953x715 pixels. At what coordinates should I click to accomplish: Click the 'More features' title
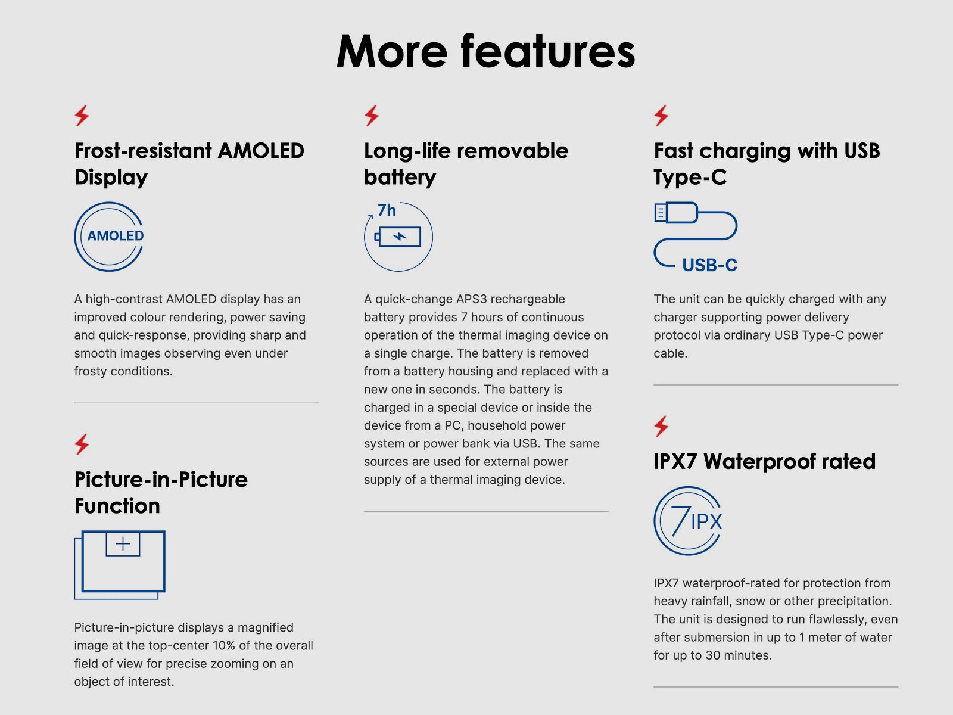click(x=485, y=51)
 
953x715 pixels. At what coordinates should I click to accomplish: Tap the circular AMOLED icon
click(x=75, y=237)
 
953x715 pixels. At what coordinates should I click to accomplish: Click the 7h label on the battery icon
click(x=387, y=210)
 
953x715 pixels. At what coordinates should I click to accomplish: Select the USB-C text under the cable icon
click(x=709, y=265)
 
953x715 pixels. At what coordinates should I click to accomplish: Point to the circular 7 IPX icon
click(x=655, y=521)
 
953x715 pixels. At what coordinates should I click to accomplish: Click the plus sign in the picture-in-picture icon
click(x=123, y=544)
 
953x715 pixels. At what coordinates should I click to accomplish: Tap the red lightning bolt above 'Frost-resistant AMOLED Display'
click(x=82, y=116)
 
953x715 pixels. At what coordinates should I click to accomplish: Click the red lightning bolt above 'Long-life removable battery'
click(x=371, y=116)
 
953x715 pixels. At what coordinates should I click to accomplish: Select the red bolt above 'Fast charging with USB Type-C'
click(x=661, y=116)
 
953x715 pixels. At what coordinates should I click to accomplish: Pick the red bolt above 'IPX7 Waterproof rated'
click(x=661, y=426)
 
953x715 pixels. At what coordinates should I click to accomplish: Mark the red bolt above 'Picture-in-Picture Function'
click(x=82, y=444)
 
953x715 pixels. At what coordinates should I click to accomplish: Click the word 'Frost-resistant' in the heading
click(x=144, y=151)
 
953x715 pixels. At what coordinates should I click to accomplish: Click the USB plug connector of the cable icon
click(x=676, y=213)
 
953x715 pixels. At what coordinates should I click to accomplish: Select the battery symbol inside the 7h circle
click(x=398, y=237)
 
